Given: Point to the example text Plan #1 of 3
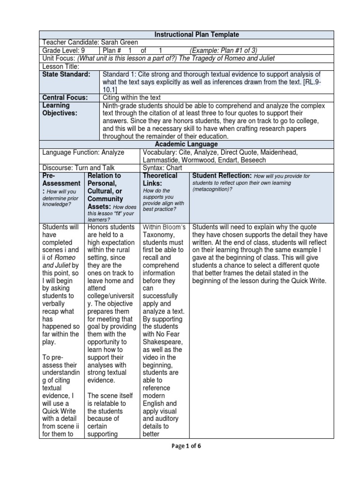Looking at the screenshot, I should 223,51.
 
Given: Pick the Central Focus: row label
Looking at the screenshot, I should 65,97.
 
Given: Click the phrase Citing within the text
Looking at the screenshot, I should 132,97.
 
